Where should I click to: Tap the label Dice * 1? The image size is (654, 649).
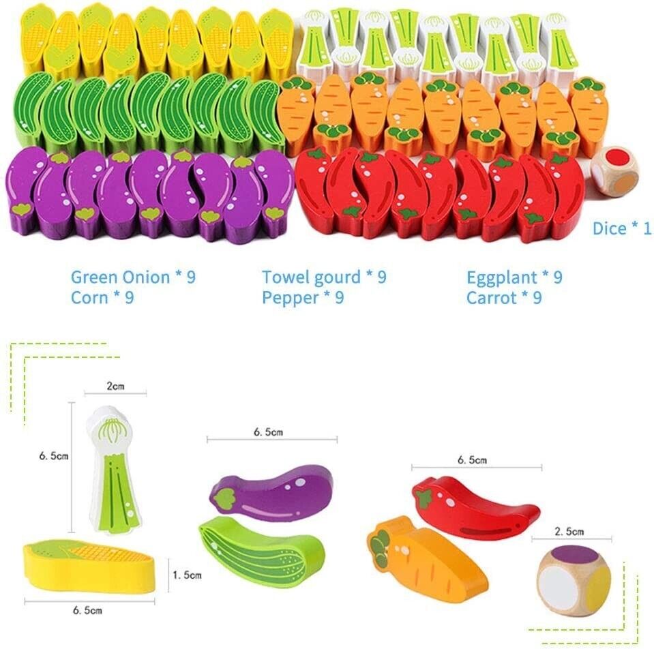click(621, 228)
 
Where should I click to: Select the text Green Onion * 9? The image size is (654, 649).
click(133, 277)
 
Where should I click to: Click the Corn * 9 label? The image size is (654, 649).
click(102, 298)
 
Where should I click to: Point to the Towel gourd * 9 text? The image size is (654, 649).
click(324, 277)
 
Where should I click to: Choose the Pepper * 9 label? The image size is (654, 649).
click(303, 298)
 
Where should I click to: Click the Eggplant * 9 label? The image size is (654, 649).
click(514, 277)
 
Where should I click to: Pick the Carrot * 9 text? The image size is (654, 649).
click(504, 298)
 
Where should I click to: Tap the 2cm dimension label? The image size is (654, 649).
click(115, 387)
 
